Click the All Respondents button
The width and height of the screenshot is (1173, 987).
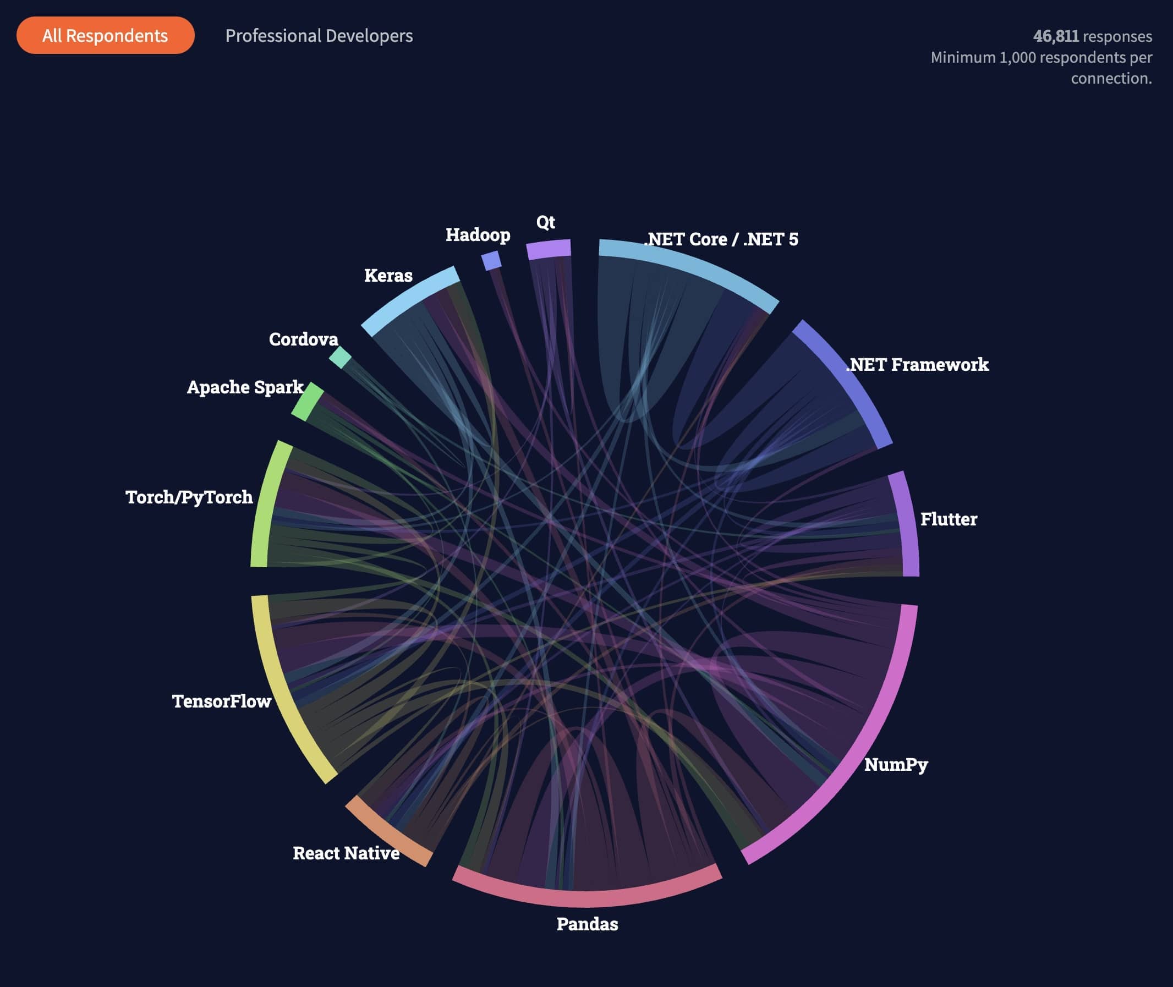coord(105,36)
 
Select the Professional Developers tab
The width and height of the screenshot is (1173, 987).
coord(319,36)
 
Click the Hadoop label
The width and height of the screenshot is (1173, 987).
coord(478,234)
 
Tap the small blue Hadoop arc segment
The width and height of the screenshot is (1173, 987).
coord(491,260)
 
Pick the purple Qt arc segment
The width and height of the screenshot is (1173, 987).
coord(549,250)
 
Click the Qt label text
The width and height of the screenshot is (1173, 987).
coord(546,222)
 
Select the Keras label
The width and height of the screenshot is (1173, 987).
coord(388,275)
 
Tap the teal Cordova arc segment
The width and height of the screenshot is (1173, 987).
coord(339,357)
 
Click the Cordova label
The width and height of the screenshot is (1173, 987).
coord(303,339)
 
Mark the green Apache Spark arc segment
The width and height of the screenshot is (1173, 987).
coord(308,402)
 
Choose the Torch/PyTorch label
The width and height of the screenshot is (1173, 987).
coord(189,497)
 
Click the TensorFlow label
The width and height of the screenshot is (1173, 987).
coord(222,701)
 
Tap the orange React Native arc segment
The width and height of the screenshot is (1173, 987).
coord(389,830)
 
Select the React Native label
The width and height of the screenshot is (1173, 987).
coord(346,853)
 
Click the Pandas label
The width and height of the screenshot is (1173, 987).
coord(587,924)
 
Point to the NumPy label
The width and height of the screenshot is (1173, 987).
coord(896,764)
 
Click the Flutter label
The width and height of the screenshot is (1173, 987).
coord(949,519)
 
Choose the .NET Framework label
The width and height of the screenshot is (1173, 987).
coord(918,364)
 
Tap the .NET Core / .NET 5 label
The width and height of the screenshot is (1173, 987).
coord(722,239)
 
